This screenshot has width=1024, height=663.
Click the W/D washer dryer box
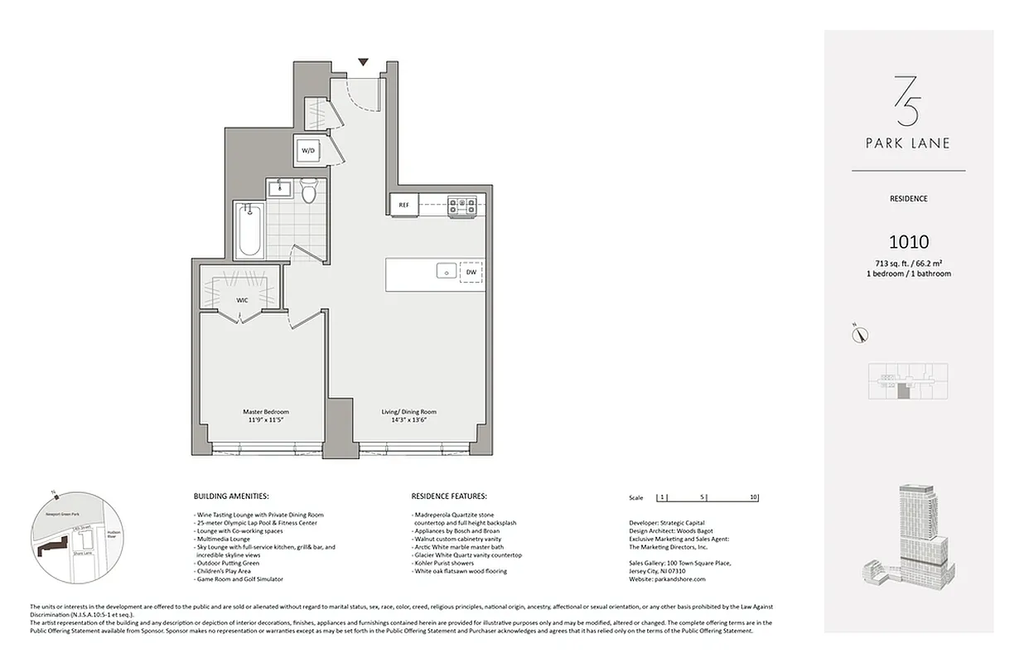[x=308, y=151]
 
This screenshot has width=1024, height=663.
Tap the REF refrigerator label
[x=404, y=205]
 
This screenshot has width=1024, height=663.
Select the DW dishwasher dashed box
[x=471, y=272]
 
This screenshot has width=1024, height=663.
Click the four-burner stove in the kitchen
[x=461, y=205]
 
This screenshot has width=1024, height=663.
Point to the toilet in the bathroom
[x=309, y=192]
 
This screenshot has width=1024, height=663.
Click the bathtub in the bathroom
[x=249, y=231]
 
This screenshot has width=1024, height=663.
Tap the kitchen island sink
[x=446, y=272]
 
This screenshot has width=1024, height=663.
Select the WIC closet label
[x=242, y=299]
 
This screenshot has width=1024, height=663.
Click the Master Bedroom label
[x=265, y=412]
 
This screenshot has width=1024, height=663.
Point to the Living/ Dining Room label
[x=408, y=412]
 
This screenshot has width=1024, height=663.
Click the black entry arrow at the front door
[x=363, y=62]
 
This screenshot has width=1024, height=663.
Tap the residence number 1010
[x=908, y=242]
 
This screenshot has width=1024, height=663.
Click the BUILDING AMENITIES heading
[x=230, y=496]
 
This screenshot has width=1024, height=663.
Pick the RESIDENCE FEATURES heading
[x=449, y=496]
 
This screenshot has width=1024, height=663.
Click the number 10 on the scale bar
[x=753, y=498]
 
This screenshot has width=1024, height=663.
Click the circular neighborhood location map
[x=70, y=538]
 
